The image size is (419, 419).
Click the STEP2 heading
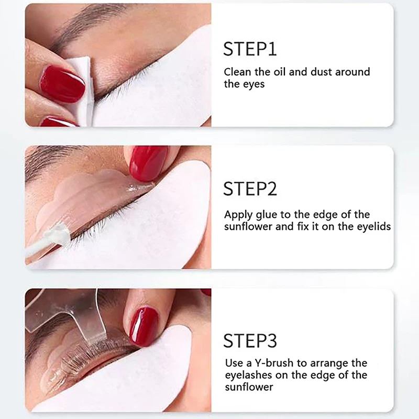250,189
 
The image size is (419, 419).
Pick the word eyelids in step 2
373,227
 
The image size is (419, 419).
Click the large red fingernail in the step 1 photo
62,84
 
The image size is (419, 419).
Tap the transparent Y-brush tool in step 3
79,314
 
